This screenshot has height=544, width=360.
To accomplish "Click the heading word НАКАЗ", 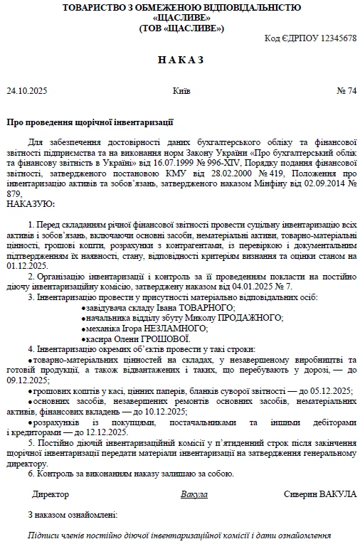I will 180,60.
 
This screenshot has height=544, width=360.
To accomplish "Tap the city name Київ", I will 181,91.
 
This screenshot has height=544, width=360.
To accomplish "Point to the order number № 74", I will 346,91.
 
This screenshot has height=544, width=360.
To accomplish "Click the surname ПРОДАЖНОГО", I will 245,318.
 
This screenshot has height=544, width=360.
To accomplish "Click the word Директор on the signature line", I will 51,494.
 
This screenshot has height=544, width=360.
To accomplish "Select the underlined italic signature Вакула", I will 194,494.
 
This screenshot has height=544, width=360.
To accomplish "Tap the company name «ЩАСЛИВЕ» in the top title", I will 181,18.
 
